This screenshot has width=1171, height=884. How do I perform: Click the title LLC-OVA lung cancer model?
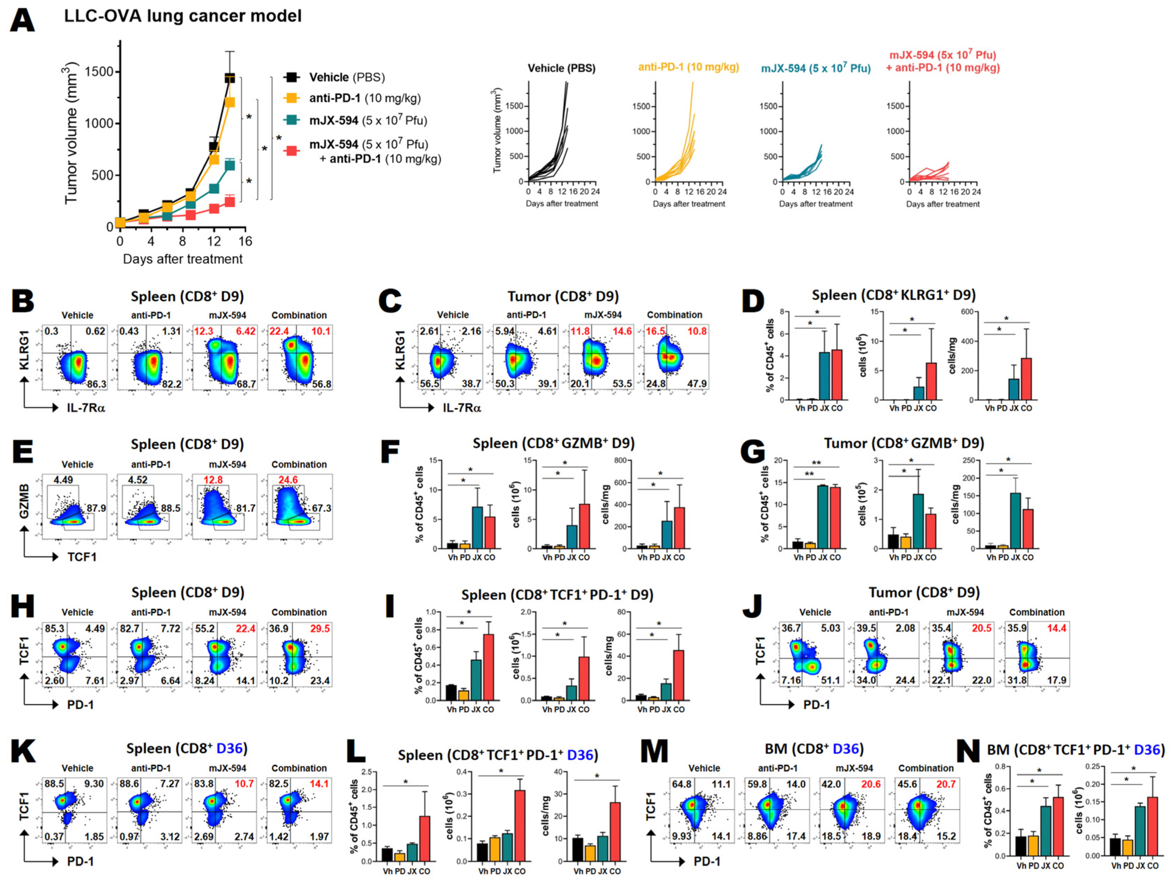tap(183, 16)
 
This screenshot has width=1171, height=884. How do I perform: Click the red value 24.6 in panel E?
tap(288, 480)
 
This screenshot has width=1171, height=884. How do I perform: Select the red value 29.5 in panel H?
tap(320, 628)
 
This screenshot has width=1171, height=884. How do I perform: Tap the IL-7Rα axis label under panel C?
tap(462, 408)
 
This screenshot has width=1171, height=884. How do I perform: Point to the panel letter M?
tap(654, 752)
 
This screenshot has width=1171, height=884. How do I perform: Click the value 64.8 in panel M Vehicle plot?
tap(681, 784)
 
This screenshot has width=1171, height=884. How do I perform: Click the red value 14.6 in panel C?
tap(622, 331)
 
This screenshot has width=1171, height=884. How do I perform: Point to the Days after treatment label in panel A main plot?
tap(183, 259)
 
